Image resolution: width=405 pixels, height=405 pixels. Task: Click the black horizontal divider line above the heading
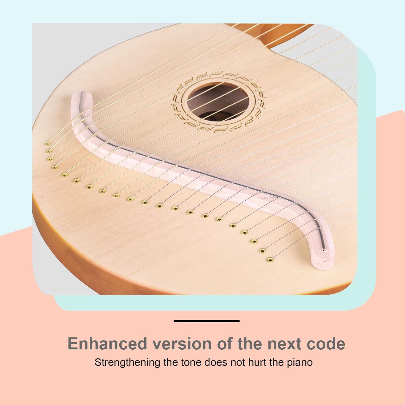coord(207,321)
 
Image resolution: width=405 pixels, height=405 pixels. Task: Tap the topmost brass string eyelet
coord(48,143)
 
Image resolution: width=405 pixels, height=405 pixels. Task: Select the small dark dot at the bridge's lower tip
coord(324,250)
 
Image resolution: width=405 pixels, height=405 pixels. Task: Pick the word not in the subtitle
coord(237,362)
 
